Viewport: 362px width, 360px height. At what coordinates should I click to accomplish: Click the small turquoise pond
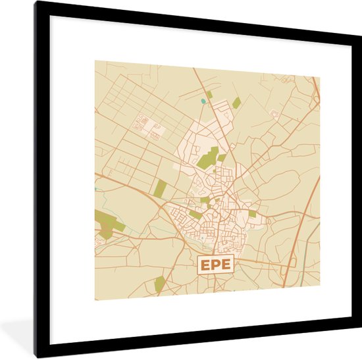[203, 101]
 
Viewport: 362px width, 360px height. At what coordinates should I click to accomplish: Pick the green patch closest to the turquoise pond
[210, 95]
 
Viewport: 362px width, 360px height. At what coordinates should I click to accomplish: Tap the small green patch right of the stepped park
[222, 157]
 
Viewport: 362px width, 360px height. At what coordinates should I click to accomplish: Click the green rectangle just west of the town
[160, 188]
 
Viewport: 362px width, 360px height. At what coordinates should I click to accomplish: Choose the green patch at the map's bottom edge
[159, 284]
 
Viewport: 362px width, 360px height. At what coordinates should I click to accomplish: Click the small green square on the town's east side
[253, 214]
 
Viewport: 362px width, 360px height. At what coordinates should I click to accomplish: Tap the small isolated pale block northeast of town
[275, 115]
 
